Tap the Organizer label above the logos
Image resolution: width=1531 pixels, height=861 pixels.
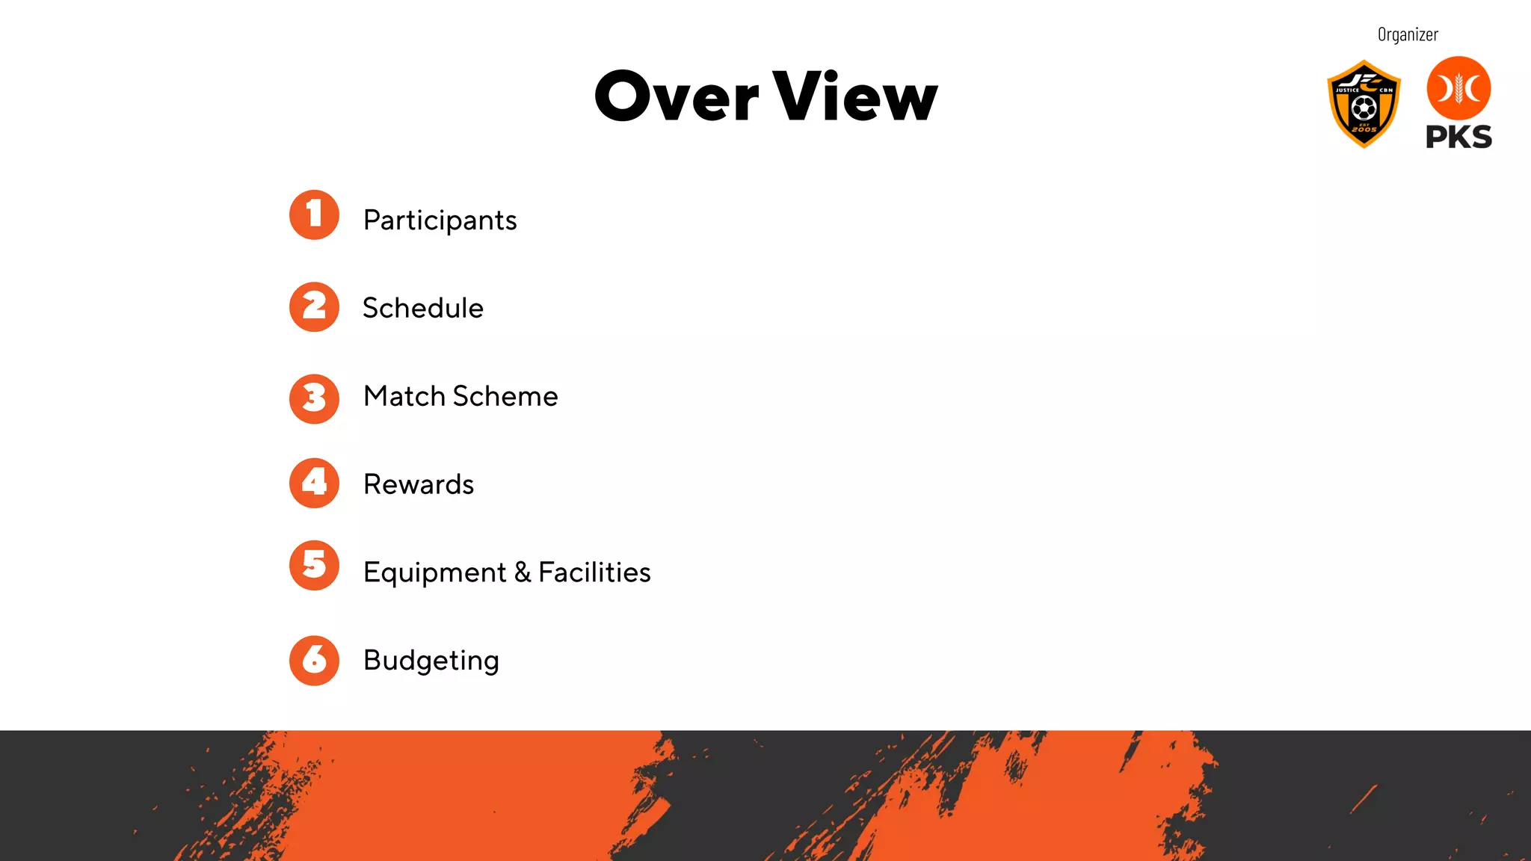[x=1408, y=34]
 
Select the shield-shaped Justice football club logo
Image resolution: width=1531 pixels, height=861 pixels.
[x=1364, y=104]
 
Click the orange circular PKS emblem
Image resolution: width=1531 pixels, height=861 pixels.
[x=1458, y=88]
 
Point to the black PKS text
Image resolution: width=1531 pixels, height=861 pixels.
[x=1458, y=137]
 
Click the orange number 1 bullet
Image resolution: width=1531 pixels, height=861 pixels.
[x=314, y=215]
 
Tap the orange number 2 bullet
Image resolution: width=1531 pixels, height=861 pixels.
[x=314, y=306]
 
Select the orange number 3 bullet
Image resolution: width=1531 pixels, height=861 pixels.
[x=314, y=398]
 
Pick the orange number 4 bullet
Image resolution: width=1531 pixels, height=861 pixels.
[x=314, y=483]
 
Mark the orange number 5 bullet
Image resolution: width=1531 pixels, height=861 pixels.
[x=314, y=565]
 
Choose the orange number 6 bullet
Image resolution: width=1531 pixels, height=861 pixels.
[x=314, y=660]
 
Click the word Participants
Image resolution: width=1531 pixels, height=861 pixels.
[x=440, y=220]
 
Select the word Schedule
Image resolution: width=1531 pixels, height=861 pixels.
[x=423, y=308]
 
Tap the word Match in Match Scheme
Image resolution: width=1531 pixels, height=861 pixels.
[x=404, y=396]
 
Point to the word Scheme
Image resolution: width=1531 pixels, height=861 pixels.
[x=505, y=396]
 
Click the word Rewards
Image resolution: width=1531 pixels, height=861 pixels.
[x=419, y=484]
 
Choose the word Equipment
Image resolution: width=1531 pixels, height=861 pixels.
[x=434, y=573]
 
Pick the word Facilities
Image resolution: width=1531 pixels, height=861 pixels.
[x=594, y=572]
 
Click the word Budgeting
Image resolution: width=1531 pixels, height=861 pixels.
[x=431, y=661]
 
